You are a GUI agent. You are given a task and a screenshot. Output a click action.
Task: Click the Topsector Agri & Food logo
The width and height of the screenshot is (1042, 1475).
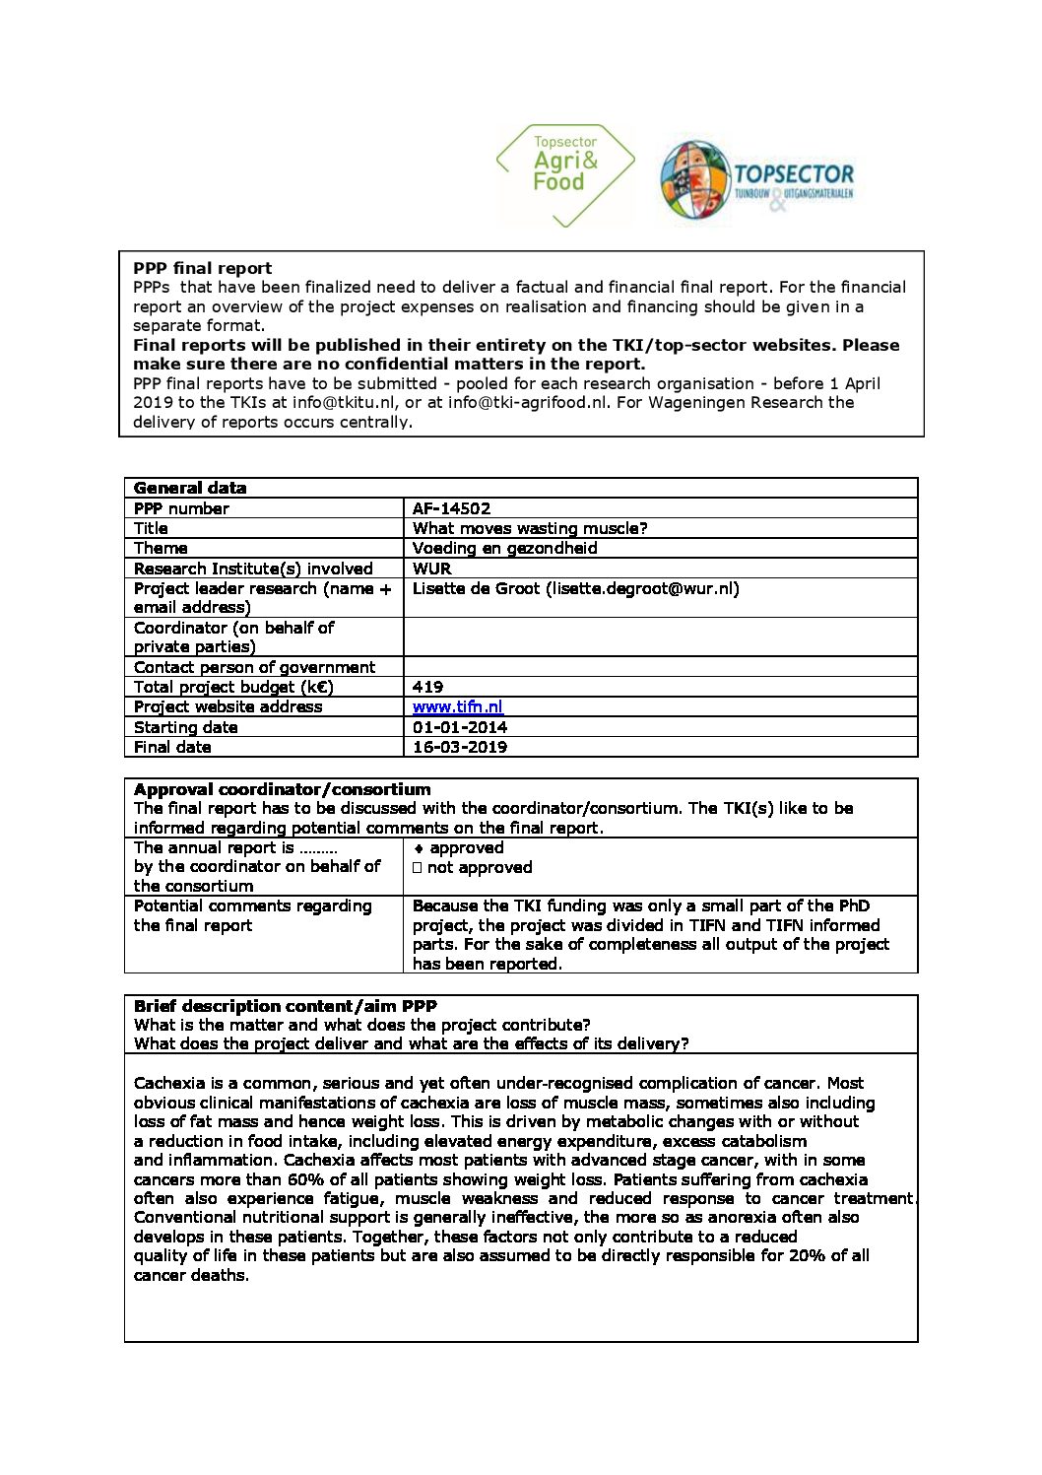pos(565,174)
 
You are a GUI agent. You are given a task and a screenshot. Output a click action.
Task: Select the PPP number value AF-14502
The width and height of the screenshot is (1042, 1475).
pos(451,508)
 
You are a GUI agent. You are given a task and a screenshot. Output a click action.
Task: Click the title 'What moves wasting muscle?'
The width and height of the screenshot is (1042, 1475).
pos(529,528)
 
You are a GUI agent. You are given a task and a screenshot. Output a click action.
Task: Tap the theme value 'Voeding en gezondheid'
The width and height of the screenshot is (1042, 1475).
pos(504,548)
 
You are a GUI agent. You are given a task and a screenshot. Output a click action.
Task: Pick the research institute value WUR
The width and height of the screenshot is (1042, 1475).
pos(431,569)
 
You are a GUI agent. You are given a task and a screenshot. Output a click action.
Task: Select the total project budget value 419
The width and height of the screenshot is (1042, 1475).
pos(427,687)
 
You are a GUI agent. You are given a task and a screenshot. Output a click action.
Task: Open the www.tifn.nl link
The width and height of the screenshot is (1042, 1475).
pos(457,706)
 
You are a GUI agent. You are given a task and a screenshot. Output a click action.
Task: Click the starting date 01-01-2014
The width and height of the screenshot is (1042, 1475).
pos(459,727)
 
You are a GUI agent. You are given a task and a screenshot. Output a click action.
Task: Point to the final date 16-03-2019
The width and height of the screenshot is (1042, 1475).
pos(459,747)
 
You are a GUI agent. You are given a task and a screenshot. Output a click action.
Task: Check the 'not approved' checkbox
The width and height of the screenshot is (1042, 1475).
pos(418,868)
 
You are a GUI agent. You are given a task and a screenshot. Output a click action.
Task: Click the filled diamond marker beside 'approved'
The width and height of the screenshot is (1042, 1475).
pos(419,848)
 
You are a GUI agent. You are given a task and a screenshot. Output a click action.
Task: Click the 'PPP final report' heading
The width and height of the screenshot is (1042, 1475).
pos(202,268)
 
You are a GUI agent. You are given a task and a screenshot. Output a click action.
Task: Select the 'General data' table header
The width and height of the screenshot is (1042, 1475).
pos(190,488)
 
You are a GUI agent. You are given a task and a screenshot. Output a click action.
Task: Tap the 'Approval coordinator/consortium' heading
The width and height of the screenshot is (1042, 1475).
pos(282,789)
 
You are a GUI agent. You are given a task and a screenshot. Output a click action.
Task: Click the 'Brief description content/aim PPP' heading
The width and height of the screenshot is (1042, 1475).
pos(285,1006)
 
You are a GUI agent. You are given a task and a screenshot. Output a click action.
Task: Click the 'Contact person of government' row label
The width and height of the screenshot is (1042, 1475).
pos(254,667)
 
